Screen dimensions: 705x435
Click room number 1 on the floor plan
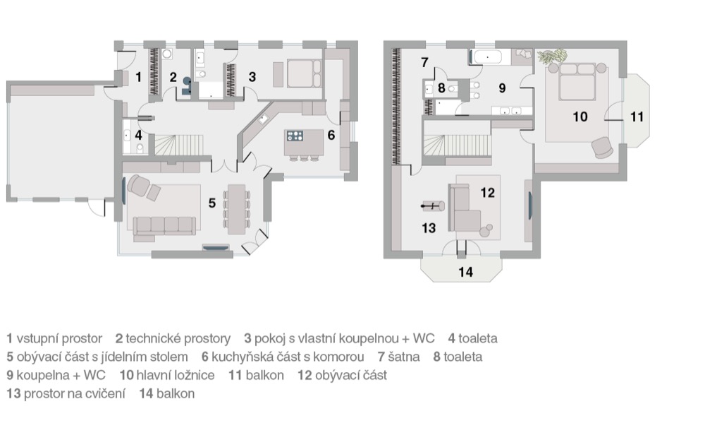click(138, 77)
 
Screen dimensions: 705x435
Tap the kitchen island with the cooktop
click(304, 141)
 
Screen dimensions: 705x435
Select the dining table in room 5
click(236, 209)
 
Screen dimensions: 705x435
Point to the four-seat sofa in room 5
click(164, 225)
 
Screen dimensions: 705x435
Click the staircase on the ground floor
click(179, 145)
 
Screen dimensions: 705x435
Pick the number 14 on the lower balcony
click(466, 272)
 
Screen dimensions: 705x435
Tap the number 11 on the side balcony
click(637, 117)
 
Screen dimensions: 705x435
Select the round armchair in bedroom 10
click(601, 148)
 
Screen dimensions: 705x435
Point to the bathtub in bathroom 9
click(487, 57)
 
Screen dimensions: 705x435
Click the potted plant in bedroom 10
click(553, 56)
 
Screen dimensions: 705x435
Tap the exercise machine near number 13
click(433, 206)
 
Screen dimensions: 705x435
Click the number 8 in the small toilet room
click(441, 88)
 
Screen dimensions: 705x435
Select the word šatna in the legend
click(404, 357)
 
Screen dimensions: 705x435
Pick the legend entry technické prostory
click(178, 339)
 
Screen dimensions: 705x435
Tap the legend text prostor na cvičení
click(75, 393)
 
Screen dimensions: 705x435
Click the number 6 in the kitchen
click(331, 135)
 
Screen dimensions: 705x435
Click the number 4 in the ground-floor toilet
click(138, 135)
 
